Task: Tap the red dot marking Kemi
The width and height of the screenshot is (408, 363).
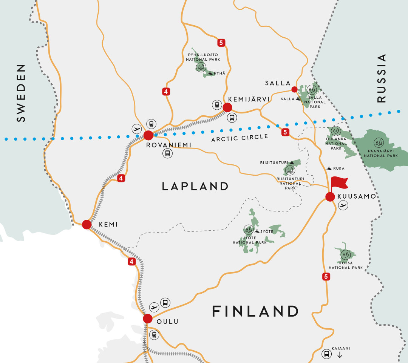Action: (87, 224)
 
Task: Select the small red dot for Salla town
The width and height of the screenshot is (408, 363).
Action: (294, 89)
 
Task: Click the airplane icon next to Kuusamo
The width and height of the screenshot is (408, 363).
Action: (343, 205)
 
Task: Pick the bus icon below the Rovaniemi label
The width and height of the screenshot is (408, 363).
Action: (167, 153)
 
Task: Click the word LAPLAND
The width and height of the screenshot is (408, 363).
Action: (195, 186)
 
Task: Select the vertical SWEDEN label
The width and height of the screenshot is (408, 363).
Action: (21, 93)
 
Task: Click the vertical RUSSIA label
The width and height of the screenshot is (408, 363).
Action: (382, 78)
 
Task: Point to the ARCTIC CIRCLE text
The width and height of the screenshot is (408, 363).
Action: (240, 138)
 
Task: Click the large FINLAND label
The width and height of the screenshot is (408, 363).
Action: (255, 311)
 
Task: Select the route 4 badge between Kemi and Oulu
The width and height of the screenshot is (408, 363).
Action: (131, 262)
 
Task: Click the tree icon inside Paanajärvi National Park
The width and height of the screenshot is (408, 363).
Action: (378, 142)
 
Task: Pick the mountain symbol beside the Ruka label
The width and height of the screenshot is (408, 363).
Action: (329, 168)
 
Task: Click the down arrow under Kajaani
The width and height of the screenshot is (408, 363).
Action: (339, 355)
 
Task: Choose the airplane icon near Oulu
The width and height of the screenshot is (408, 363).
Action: (154, 307)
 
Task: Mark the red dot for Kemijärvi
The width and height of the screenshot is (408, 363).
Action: (227, 107)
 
